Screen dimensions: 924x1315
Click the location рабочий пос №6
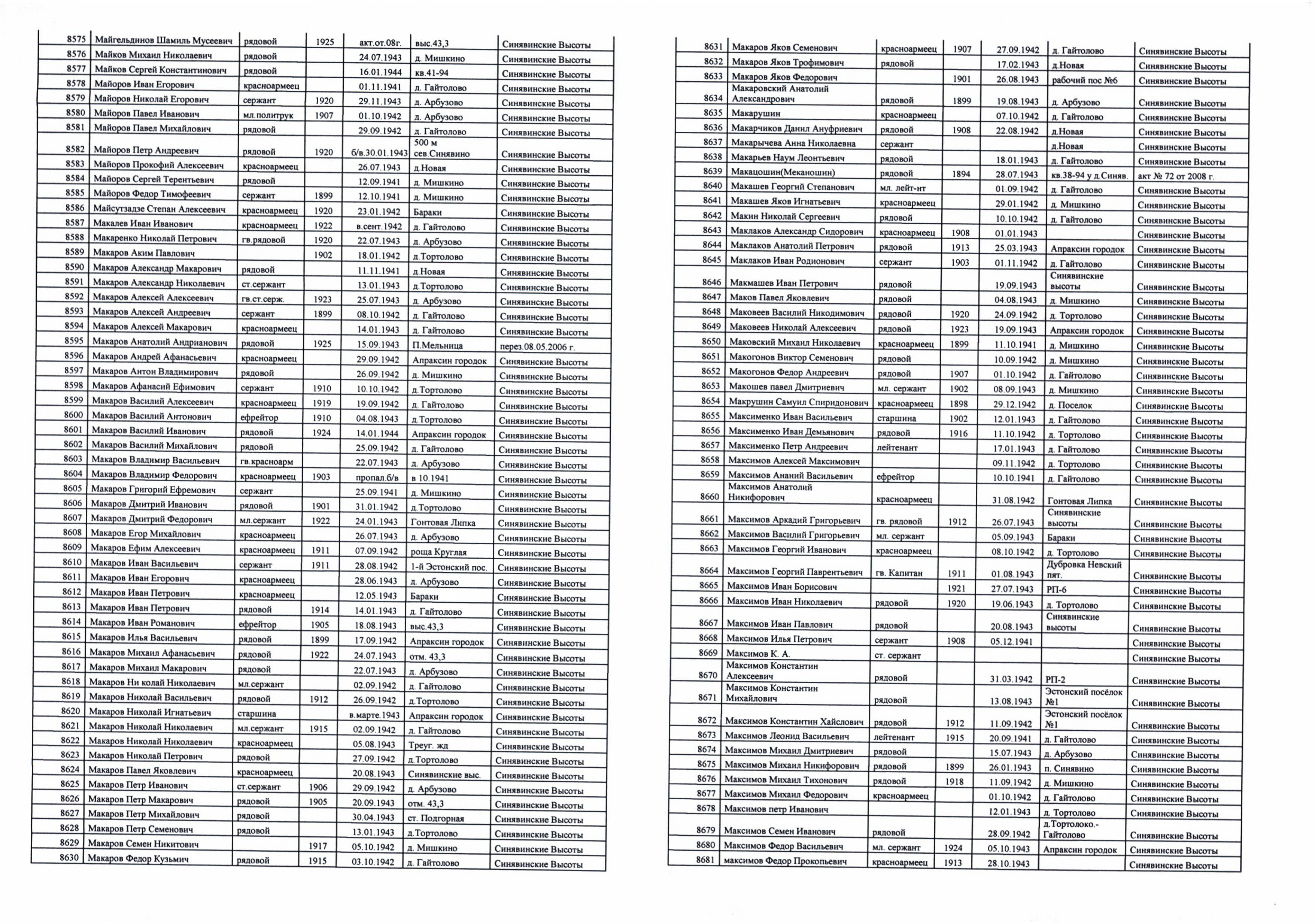pos(1084,80)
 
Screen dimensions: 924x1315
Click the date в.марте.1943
pos(374,715)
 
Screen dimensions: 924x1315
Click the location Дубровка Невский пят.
pos(1083,569)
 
